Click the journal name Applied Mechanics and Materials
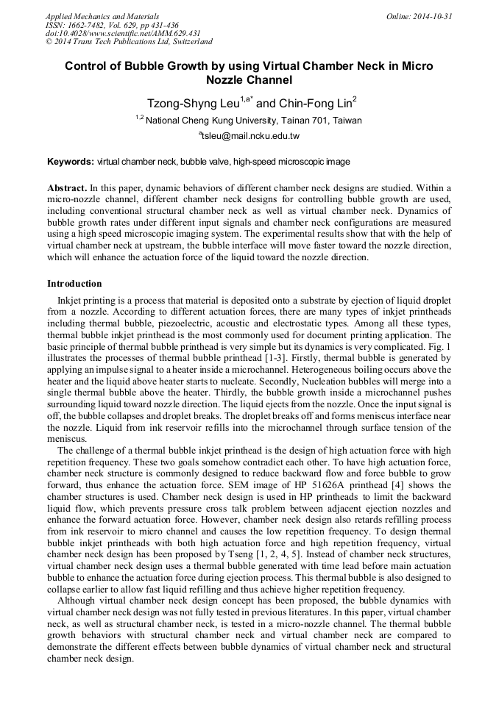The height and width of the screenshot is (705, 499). (x=102, y=16)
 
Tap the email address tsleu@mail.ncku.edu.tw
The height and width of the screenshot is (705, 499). (x=249, y=136)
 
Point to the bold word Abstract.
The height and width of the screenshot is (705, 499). (x=68, y=188)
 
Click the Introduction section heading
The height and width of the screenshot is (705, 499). (x=74, y=284)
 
